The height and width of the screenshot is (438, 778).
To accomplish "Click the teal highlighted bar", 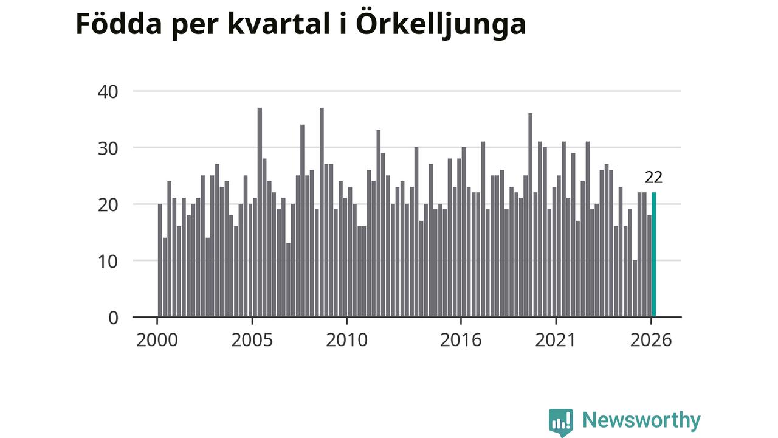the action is (653, 254).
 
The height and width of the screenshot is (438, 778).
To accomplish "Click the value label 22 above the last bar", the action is (653, 178).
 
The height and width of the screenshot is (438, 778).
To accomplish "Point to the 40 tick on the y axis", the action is (108, 92).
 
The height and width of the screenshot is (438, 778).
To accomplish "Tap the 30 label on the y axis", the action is (108, 149).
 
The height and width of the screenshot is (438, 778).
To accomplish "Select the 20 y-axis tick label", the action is (108, 206).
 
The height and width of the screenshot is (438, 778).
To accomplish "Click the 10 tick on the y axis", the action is (108, 262).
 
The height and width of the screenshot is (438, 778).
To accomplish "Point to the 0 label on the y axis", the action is (113, 318).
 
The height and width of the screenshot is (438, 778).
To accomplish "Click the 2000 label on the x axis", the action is (157, 340).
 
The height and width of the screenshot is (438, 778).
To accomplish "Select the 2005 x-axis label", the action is (252, 340).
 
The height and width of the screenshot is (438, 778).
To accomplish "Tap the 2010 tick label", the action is (346, 340).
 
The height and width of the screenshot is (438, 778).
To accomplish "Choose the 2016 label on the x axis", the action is (461, 340).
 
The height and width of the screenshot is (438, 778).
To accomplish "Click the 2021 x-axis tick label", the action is (556, 340).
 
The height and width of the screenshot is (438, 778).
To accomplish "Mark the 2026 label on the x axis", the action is (651, 340).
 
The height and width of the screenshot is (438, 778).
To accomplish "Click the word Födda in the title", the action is (119, 24).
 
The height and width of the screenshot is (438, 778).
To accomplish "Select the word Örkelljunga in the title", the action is (441, 26).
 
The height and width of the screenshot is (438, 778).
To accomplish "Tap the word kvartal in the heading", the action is (279, 24).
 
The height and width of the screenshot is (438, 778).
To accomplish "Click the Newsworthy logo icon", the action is (561, 422).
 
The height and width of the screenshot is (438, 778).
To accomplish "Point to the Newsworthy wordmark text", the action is (641, 420).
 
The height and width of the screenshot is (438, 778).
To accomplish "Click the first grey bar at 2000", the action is (160, 260).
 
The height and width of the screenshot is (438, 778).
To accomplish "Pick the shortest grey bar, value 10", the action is (635, 288).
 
